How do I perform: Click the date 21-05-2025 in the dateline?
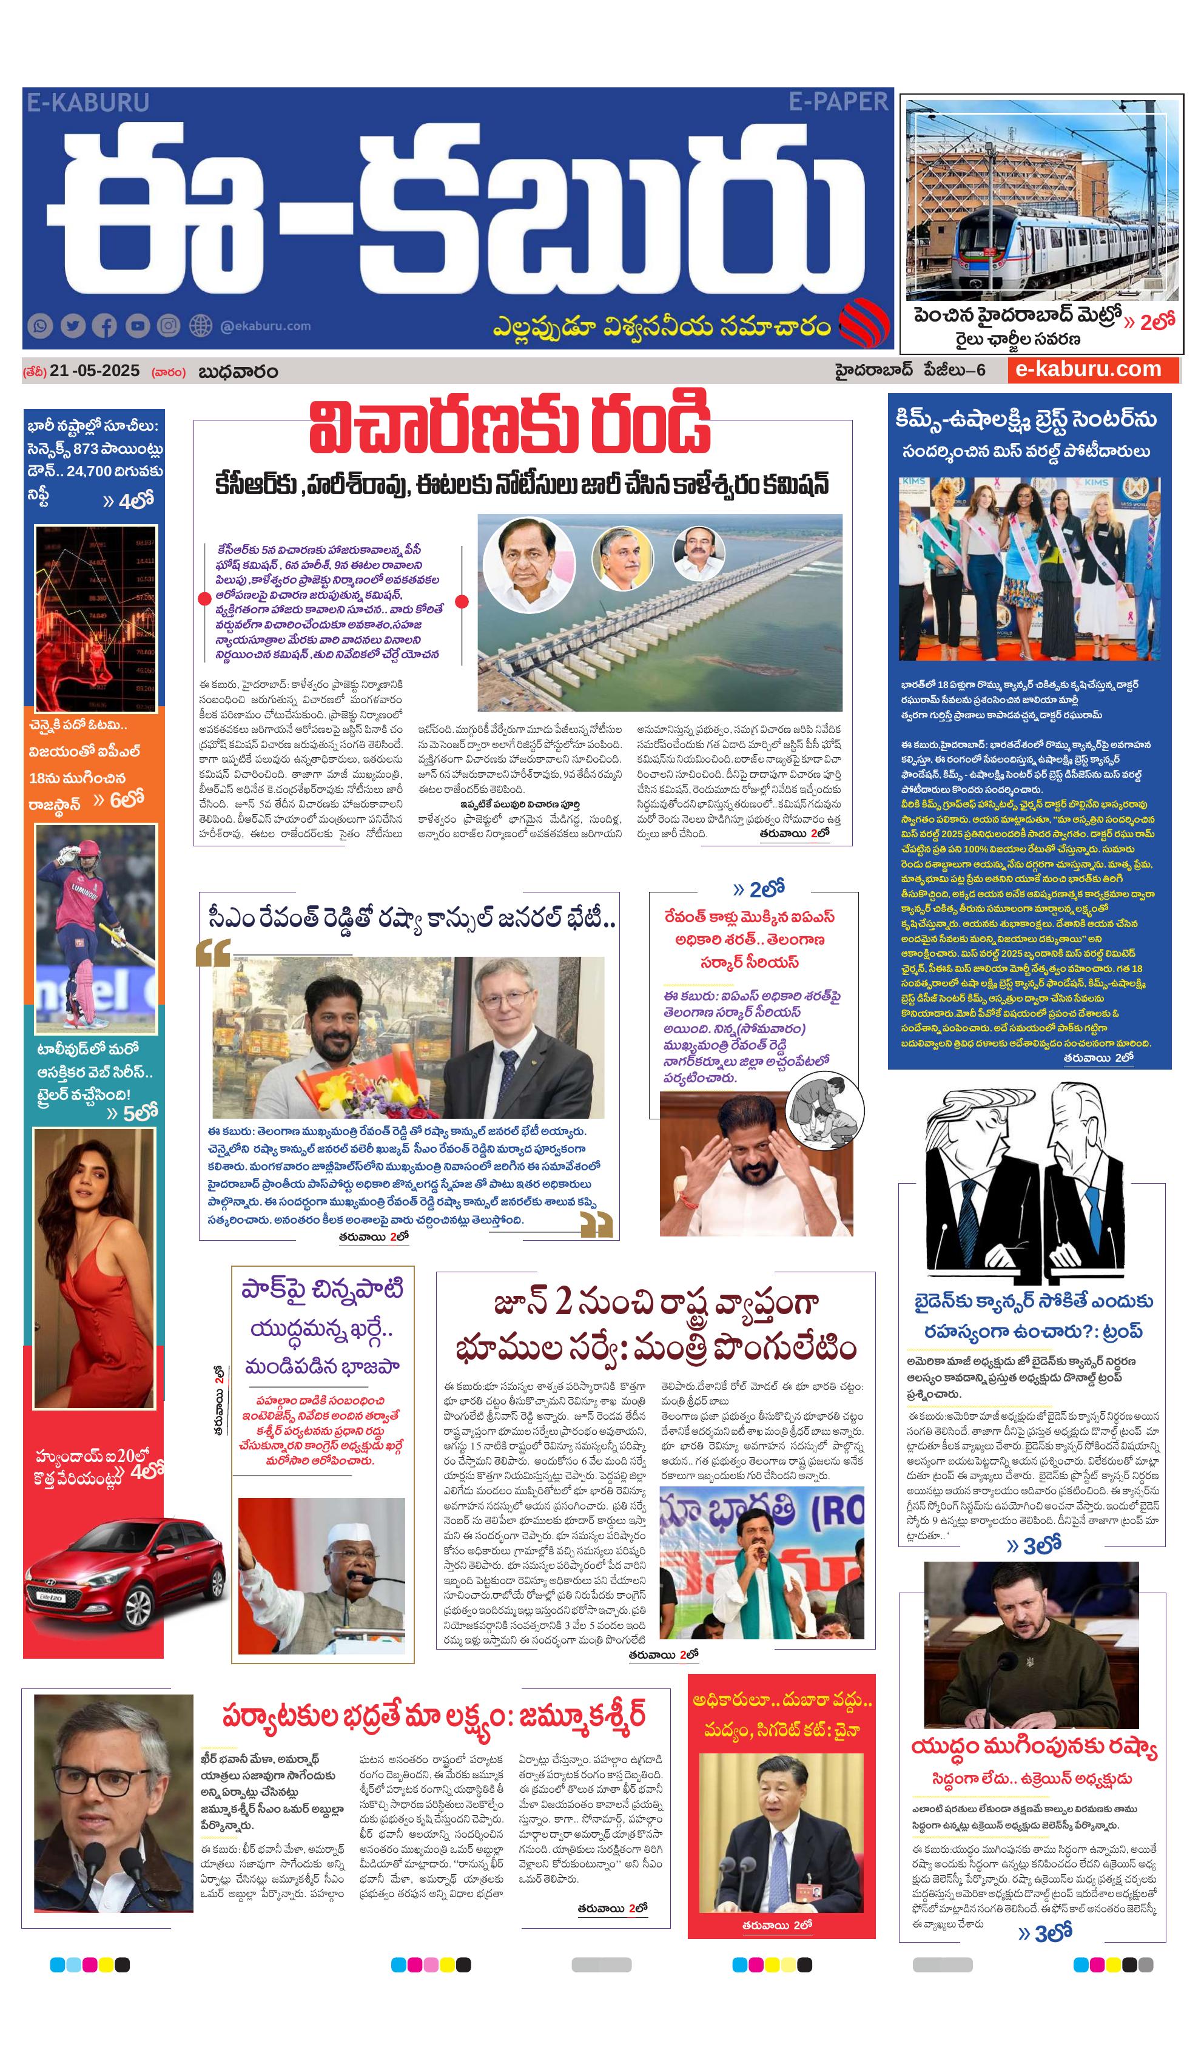[x=94, y=371]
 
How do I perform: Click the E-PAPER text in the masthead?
[x=838, y=103]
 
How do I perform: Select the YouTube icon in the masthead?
[x=137, y=326]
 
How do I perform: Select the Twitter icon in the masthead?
[x=73, y=326]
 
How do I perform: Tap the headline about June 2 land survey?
[x=655, y=1326]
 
